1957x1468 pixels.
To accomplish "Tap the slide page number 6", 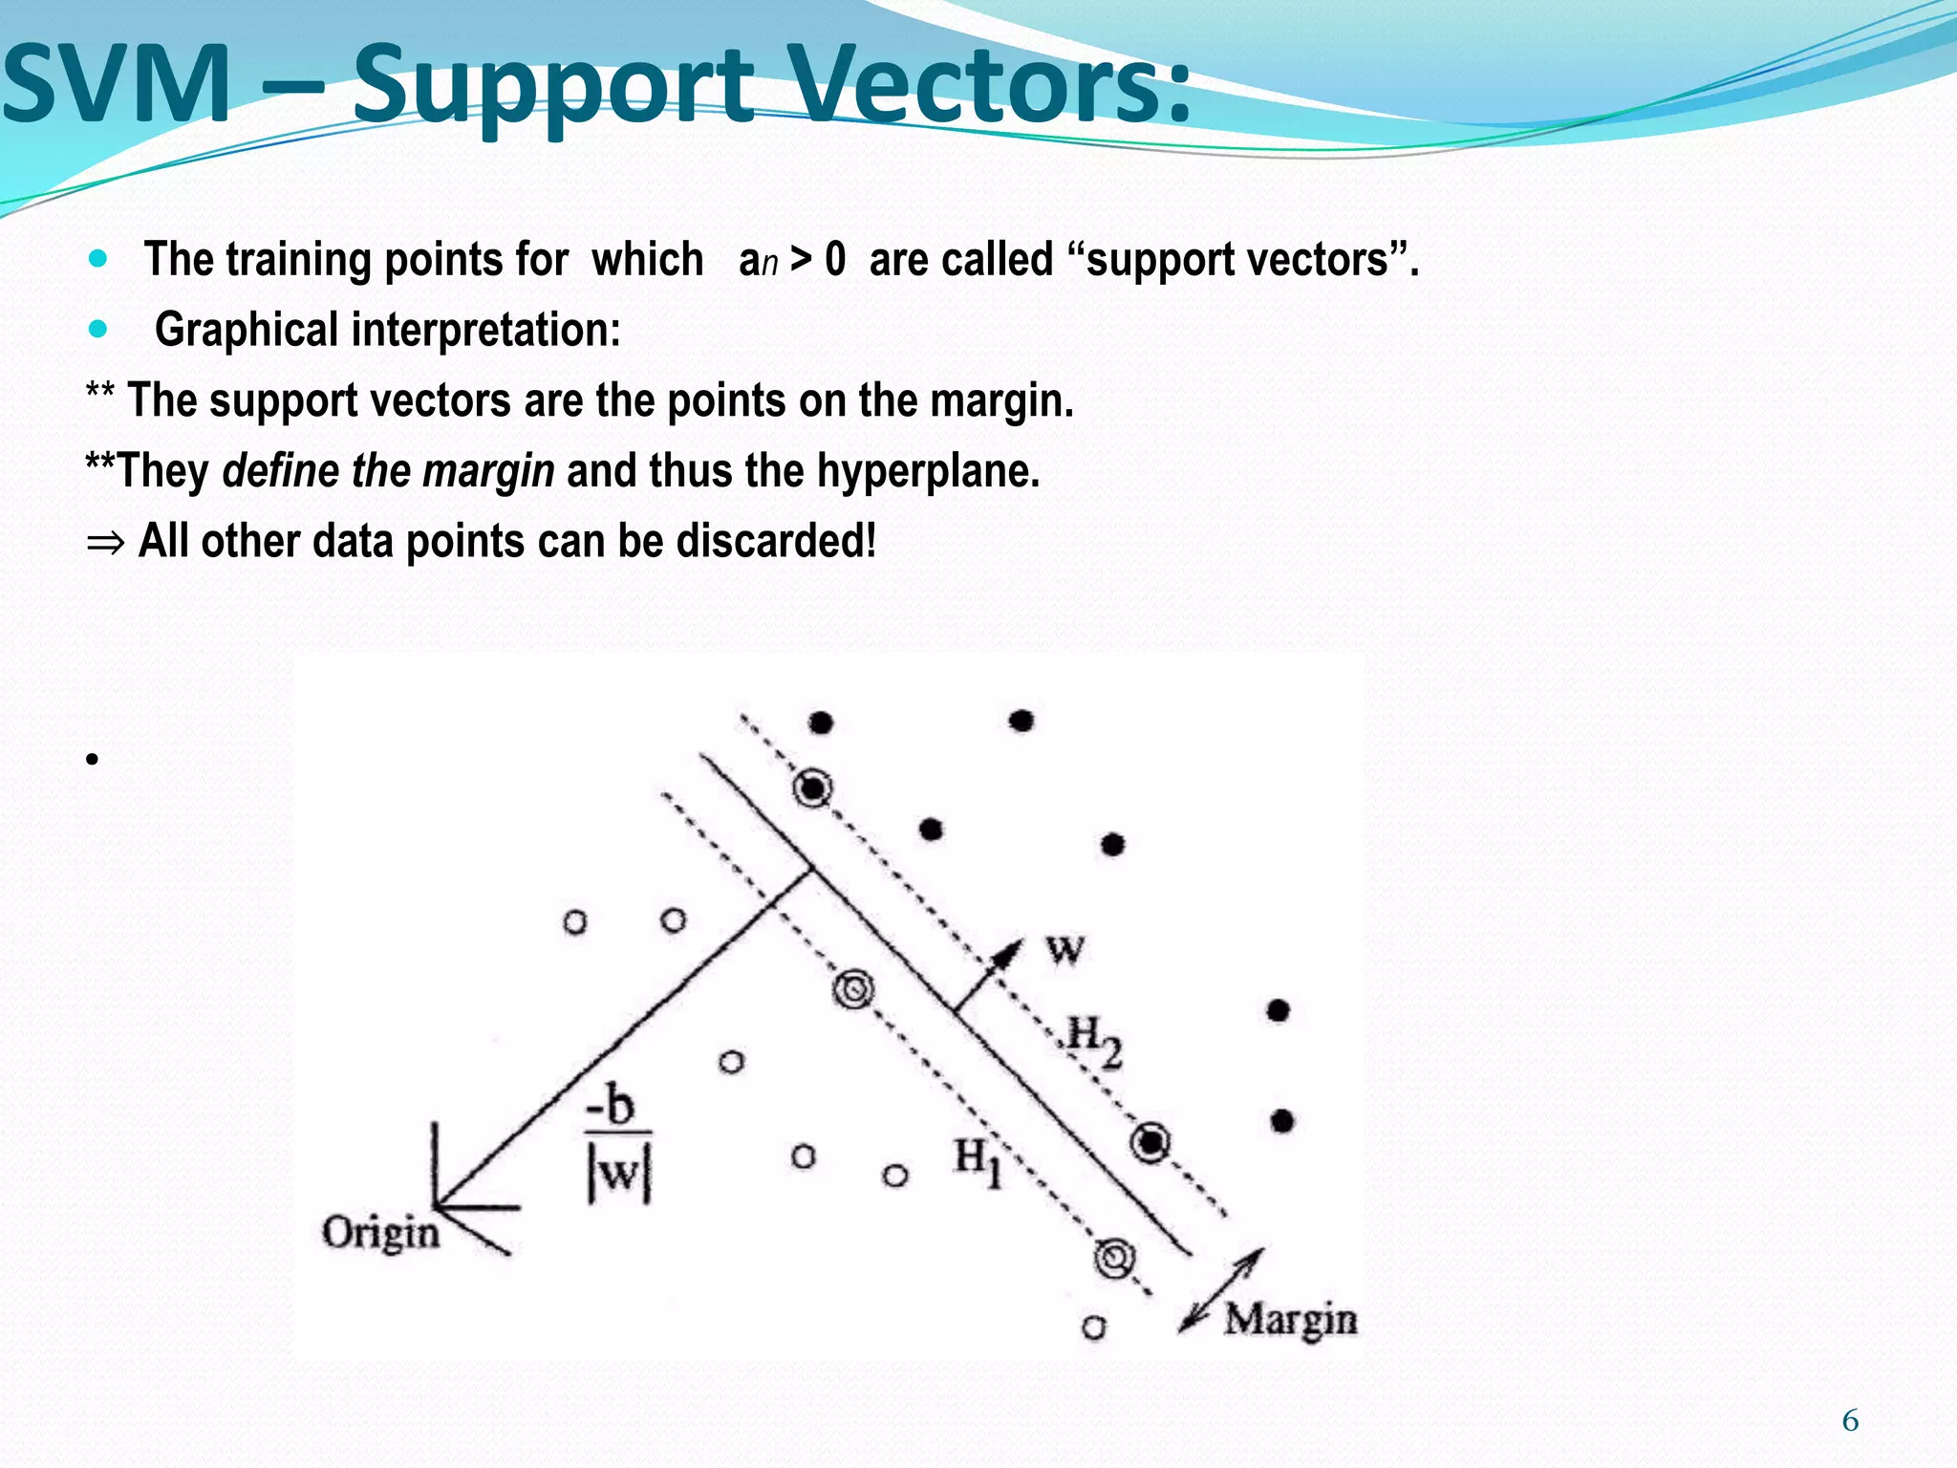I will coord(1850,1421).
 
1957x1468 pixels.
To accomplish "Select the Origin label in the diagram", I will coord(380,1232).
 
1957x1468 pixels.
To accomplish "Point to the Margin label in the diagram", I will coord(1290,1320).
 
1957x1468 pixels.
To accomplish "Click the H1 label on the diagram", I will coord(978,1160).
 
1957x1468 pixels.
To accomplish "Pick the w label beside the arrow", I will coord(1065,949).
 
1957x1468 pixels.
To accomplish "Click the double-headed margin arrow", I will coord(1222,1289).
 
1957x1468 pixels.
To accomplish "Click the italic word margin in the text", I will coord(488,471).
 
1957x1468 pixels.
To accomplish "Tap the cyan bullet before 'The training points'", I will coord(97,259).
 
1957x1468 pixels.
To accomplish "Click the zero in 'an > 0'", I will coord(835,260).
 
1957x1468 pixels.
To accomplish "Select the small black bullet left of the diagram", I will coord(92,761).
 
